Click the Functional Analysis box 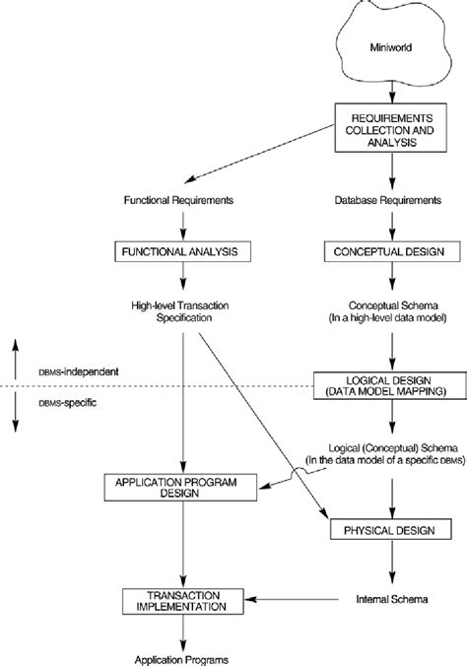pos(184,252)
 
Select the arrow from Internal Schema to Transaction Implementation pos(296,597)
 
